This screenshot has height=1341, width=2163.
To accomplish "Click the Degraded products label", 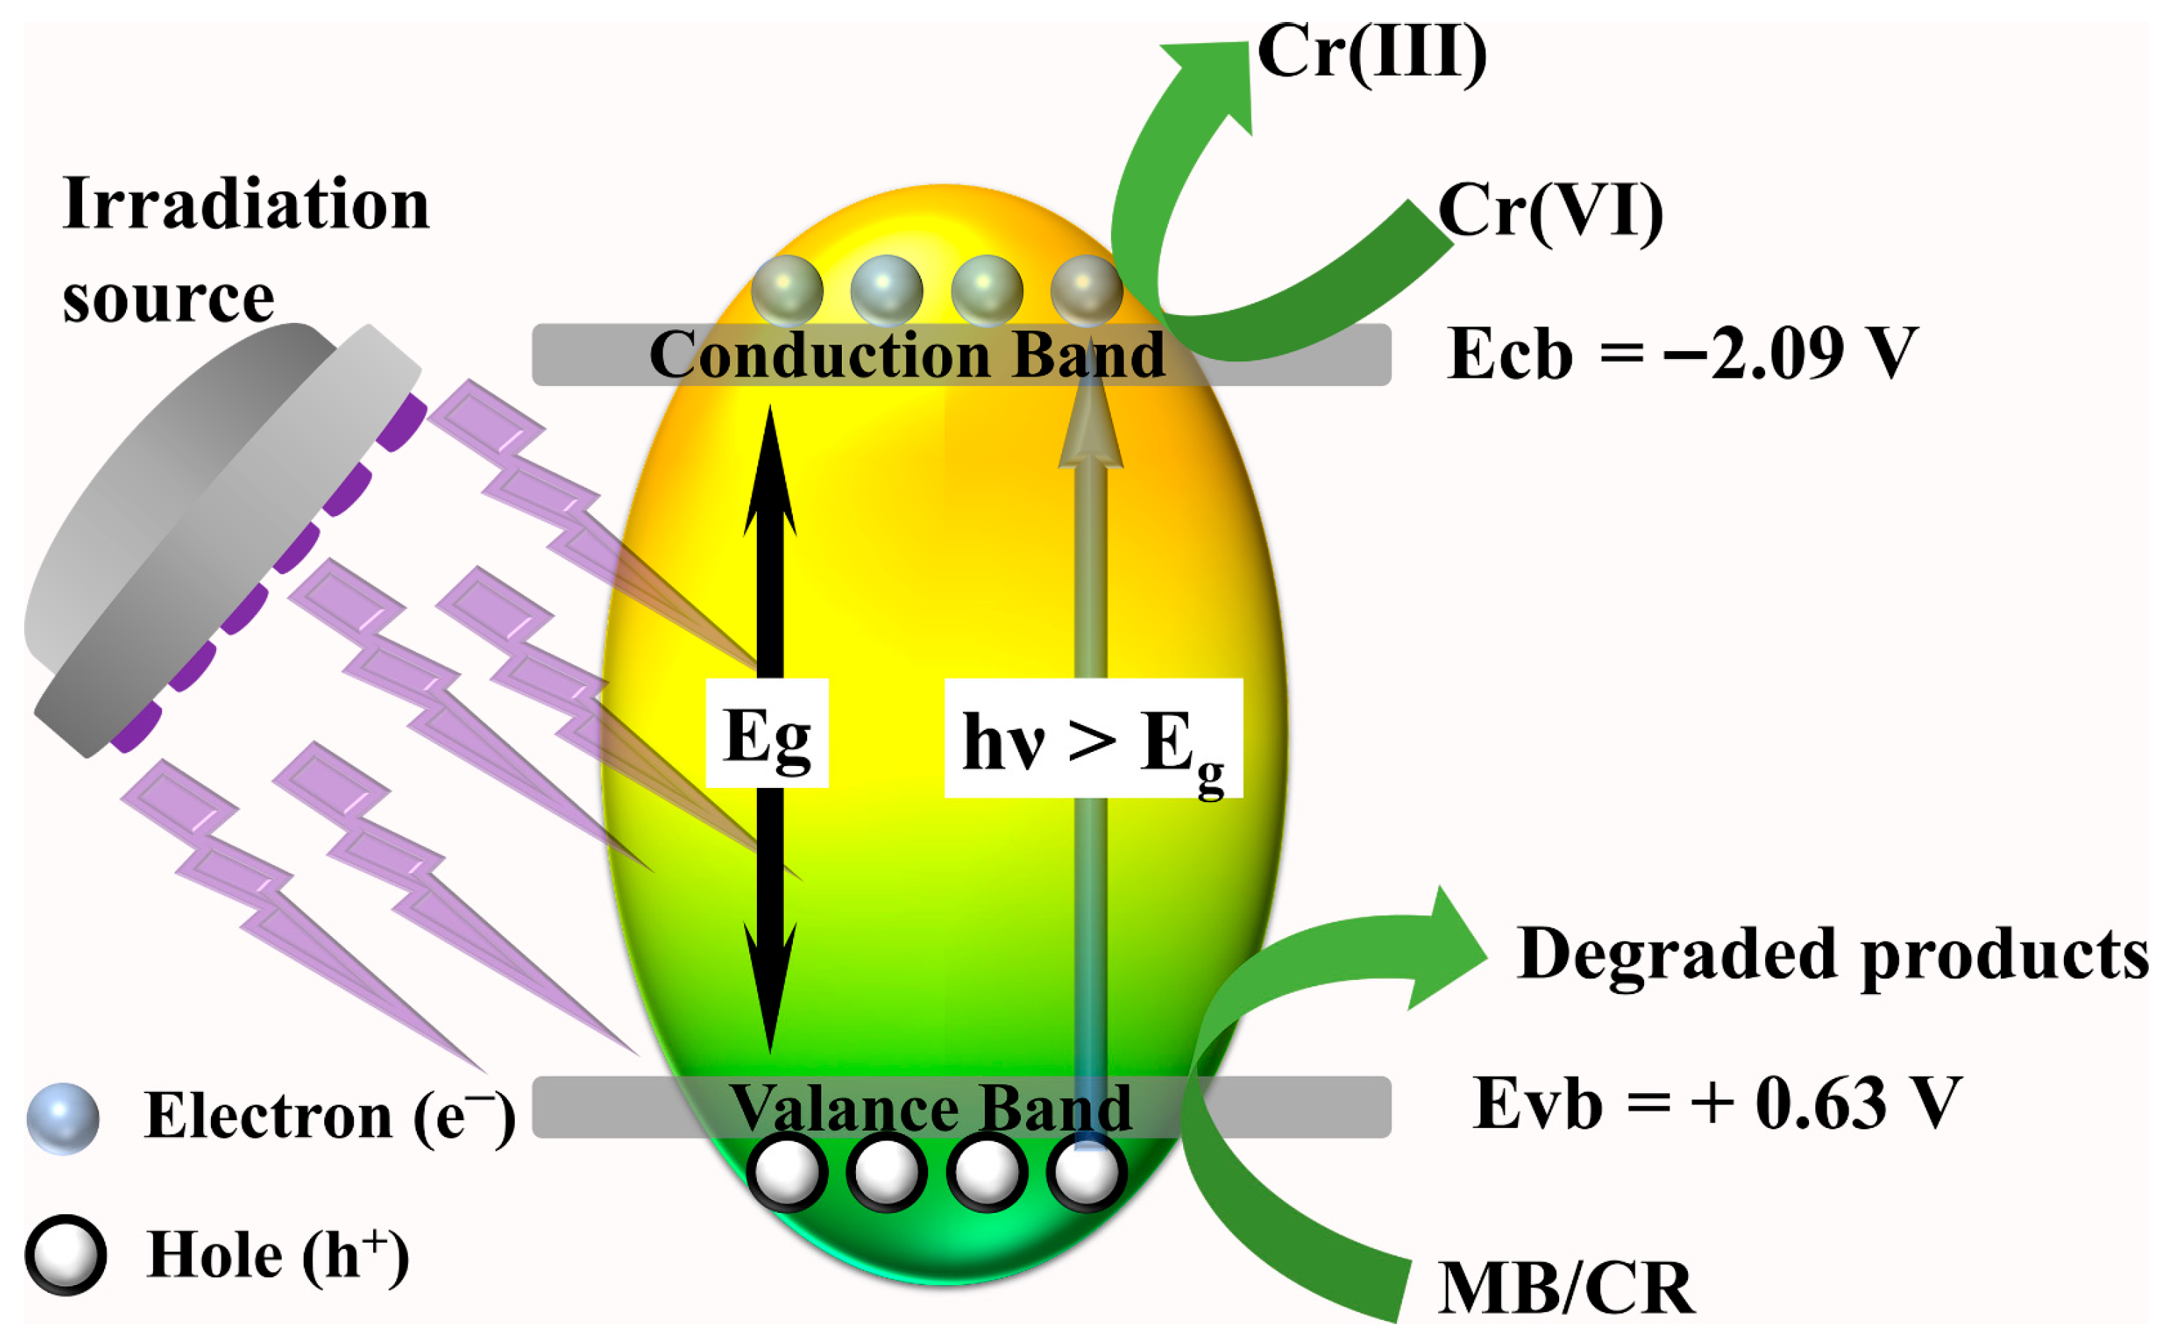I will click(x=1832, y=955).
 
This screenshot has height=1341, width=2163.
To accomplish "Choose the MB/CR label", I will click(x=1565, y=1288).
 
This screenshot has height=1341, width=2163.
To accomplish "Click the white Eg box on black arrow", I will click(x=766, y=734).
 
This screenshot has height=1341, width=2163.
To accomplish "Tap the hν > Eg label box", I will click(x=1092, y=738).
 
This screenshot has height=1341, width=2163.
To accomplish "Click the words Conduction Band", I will click(x=906, y=355).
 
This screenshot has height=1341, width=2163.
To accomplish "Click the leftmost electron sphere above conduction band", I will click(x=786, y=290).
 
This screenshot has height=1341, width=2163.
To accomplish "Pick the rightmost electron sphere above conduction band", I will click(x=1085, y=290).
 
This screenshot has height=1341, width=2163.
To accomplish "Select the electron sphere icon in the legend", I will click(x=62, y=1119).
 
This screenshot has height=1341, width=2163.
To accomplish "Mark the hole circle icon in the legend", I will click(x=66, y=1255).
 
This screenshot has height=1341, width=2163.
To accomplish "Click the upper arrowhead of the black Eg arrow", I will click(x=769, y=470).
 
